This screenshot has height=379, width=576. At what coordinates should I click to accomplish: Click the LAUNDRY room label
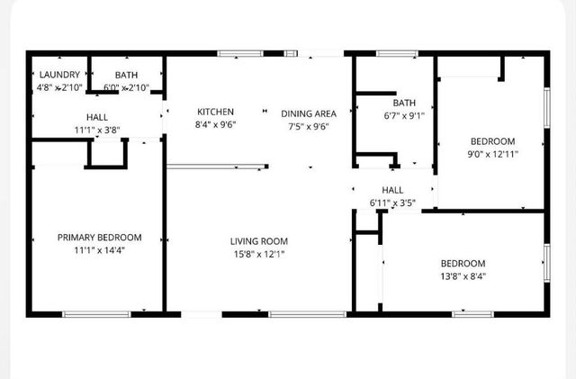[x=59, y=75]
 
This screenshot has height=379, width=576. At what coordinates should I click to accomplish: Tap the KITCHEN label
[x=216, y=112]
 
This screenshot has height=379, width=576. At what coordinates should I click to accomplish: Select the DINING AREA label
[x=309, y=113]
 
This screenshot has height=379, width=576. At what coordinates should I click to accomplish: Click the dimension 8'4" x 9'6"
[x=216, y=125]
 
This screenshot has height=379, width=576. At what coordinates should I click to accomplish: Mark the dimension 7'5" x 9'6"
[x=309, y=126]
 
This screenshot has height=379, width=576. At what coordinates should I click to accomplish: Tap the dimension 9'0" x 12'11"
[x=493, y=154]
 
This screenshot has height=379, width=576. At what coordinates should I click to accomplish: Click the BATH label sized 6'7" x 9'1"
[x=404, y=103]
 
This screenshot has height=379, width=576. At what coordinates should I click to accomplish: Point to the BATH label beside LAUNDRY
[x=126, y=75]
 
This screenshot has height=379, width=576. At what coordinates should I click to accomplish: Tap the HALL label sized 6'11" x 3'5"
[x=393, y=190]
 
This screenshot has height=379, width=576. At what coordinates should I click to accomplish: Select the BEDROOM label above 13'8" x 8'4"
[x=463, y=263]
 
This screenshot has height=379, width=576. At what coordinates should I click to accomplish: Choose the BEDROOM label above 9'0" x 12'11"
[x=493, y=141]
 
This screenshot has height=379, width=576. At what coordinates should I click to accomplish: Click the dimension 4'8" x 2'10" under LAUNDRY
[x=59, y=87]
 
